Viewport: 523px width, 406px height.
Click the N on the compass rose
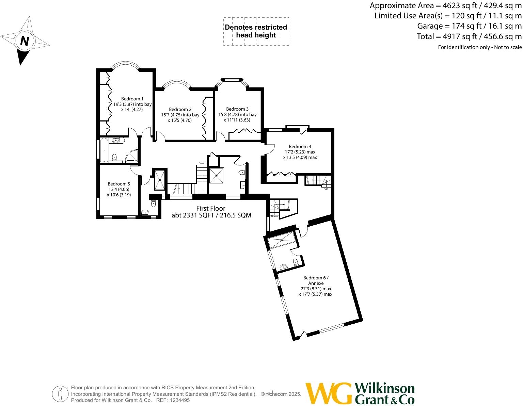click(x=25, y=41)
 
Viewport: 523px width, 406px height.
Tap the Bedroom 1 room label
click(x=132, y=99)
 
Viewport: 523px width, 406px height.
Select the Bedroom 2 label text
click(x=180, y=110)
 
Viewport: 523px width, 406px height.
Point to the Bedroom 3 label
click(x=237, y=109)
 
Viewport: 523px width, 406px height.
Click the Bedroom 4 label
click(x=300, y=147)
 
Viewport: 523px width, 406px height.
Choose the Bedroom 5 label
click(x=119, y=184)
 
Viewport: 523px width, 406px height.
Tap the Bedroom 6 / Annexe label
click(x=316, y=280)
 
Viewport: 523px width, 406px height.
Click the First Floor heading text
click(x=211, y=208)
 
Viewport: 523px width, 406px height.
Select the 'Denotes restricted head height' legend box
click(x=256, y=31)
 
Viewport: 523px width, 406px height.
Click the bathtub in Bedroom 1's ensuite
click(x=104, y=150)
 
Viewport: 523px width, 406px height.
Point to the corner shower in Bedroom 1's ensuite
click(x=132, y=156)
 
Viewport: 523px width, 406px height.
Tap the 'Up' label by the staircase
click(x=326, y=189)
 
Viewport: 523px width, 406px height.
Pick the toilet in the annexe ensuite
click(x=296, y=262)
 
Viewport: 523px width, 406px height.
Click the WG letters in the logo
click(x=328, y=393)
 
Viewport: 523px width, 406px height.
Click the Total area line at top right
click(x=469, y=36)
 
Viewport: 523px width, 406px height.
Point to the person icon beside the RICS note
click(x=60, y=394)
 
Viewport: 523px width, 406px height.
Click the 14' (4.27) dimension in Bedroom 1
click(x=132, y=110)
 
